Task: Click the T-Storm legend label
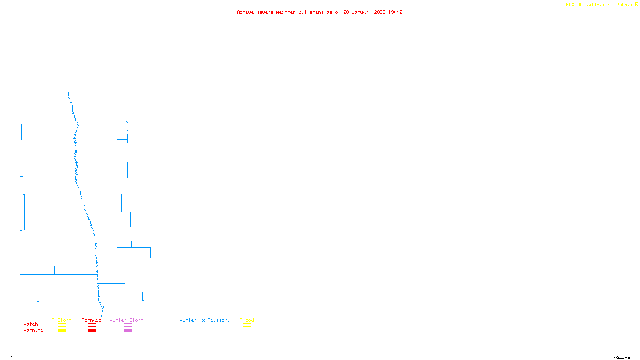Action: point(62,320)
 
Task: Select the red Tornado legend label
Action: point(92,320)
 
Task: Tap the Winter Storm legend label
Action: point(126,320)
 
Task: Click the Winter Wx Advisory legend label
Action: point(205,320)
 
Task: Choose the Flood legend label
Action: point(247,320)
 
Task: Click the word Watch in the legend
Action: point(31,324)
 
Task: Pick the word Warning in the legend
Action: point(34,330)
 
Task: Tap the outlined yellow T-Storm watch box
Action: point(62,325)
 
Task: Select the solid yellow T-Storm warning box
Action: point(62,331)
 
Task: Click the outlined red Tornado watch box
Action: point(92,325)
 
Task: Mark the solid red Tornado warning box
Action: point(92,331)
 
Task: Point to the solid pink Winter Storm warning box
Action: point(128,331)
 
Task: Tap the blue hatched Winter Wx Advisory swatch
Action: point(204,331)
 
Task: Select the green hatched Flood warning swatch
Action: point(247,331)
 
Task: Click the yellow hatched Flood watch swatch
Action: point(247,325)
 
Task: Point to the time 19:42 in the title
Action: point(395,12)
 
